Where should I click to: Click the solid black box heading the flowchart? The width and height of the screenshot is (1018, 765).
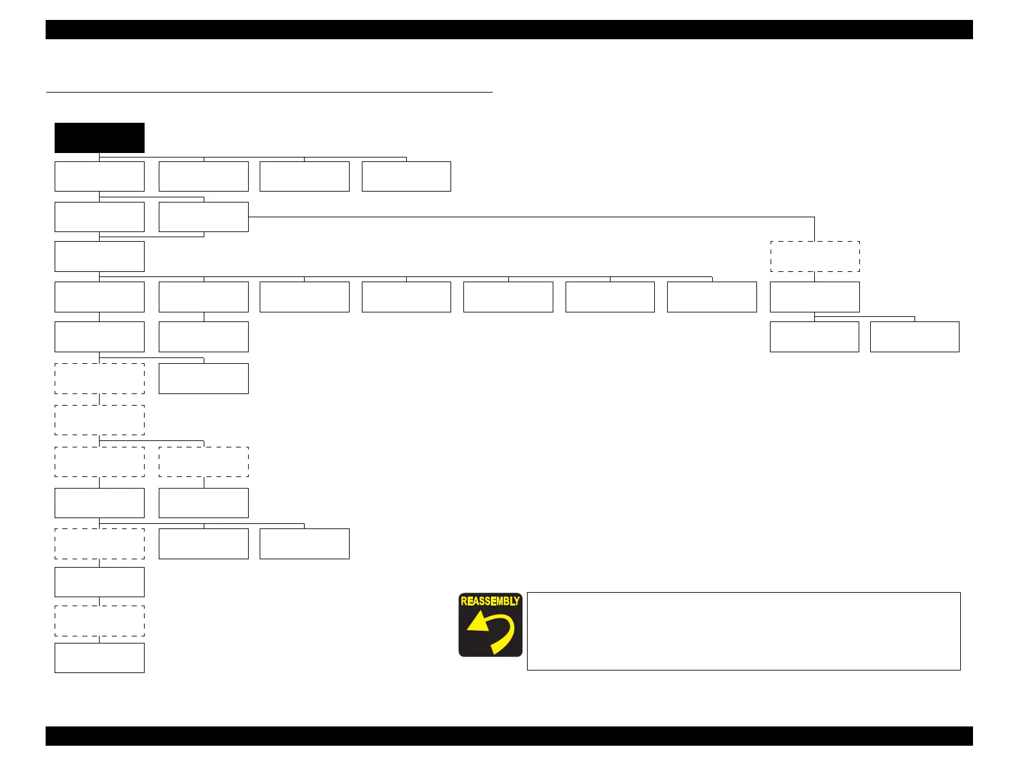100,138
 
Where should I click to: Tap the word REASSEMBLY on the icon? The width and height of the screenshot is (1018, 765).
490,601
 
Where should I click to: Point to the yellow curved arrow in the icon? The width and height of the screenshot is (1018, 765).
491,631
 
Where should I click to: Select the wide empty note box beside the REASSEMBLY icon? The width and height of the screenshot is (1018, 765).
743,631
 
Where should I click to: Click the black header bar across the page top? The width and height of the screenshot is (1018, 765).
509,30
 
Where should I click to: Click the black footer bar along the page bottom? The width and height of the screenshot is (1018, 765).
509,736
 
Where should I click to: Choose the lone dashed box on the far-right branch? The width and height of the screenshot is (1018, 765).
815,256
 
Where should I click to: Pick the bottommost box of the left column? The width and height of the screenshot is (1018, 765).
100,658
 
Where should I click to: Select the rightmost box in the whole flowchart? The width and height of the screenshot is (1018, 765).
915,337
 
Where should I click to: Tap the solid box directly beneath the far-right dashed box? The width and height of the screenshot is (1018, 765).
815,297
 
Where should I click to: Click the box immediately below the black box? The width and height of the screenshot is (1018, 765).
100,177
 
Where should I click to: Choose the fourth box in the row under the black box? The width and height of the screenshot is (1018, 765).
406,177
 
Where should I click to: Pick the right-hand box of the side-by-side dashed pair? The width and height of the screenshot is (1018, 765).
204,462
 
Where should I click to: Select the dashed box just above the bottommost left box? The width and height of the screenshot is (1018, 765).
100,621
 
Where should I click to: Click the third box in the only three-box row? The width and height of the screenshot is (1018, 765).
305,544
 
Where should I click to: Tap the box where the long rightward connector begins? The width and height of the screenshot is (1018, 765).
204,217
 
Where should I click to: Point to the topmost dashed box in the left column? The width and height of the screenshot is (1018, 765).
100,379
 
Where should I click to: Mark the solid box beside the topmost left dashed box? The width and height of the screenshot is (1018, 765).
204,379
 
